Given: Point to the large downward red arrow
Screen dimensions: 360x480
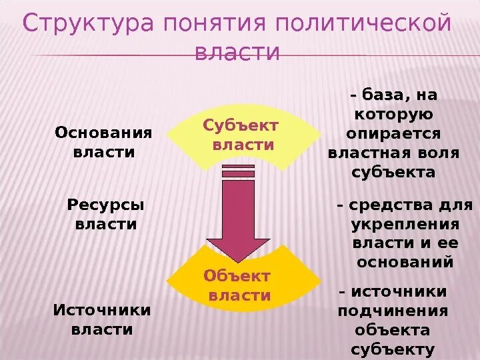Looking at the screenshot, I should (238, 217).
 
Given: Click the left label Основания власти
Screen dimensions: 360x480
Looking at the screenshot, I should (103, 142).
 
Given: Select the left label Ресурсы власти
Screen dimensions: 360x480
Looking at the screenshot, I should (106, 215).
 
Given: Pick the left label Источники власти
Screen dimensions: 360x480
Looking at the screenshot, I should (102, 320).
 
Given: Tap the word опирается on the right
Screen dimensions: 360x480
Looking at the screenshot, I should (393, 133).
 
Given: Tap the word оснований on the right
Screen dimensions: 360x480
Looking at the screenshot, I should (405, 262).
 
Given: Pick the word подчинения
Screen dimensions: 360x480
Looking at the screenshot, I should (393, 311).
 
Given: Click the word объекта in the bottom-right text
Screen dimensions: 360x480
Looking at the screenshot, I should (393, 330).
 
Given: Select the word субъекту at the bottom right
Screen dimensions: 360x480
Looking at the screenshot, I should (393, 349).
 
